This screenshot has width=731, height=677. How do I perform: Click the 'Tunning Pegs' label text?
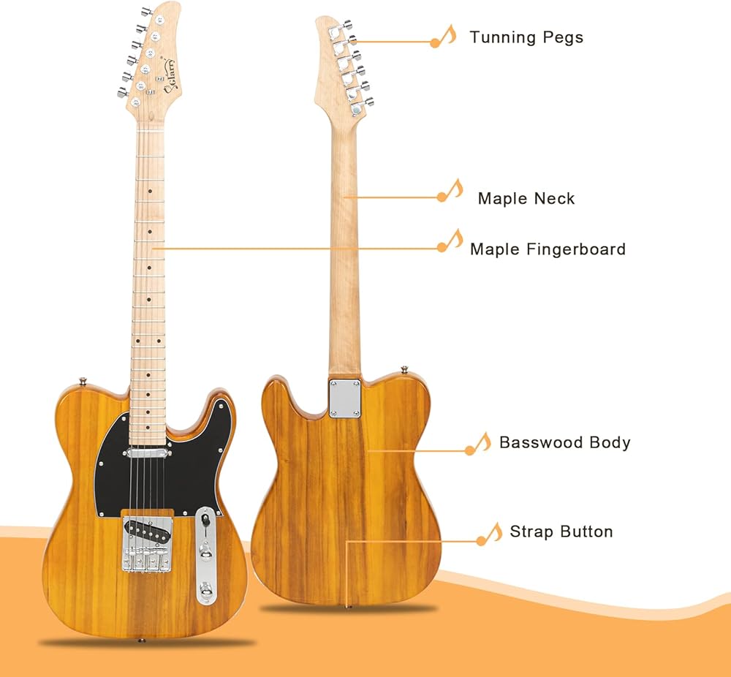[526, 37]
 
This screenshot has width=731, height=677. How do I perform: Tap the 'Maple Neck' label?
[526, 199]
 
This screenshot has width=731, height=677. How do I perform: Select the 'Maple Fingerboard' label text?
[548, 249]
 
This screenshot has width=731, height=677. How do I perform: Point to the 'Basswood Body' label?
[564, 442]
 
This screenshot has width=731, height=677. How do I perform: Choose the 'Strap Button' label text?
[561, 532]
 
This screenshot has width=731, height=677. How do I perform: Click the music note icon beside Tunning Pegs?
[444, 36]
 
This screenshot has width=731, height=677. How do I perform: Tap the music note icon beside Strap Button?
[490, 534]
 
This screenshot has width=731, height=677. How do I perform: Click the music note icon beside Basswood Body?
[478, 444]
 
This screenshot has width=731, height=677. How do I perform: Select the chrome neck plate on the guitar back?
[345, 398]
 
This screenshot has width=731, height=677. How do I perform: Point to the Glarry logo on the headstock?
[170, 76]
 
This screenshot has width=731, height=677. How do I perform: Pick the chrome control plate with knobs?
[205, 556]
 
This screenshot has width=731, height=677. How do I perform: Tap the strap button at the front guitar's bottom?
[141, 640]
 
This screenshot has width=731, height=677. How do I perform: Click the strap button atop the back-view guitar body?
[405, 370]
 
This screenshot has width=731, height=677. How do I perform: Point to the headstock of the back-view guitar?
[343, 65]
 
